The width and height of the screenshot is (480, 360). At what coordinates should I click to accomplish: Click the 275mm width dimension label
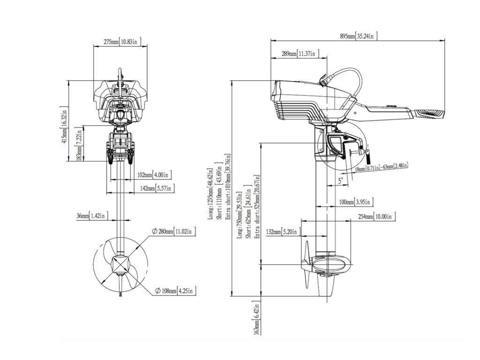click(120, 42)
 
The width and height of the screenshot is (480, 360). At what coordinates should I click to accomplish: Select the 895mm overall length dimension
click(358, 36)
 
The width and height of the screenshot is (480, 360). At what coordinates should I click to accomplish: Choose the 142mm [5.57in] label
click(157, 188)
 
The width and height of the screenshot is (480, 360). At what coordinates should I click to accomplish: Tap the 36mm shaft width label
click(92, 216)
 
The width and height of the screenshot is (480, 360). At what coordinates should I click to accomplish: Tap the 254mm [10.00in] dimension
click(377, 217)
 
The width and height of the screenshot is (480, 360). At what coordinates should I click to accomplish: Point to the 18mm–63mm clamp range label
click(381, 166)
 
